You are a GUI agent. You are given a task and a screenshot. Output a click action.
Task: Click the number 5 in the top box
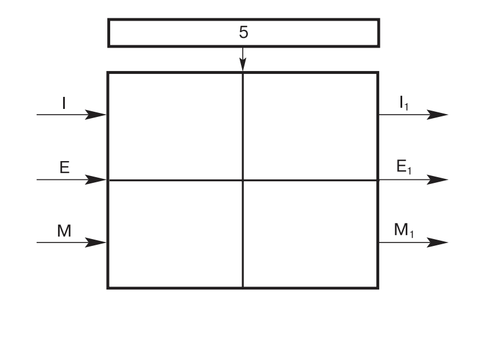243,33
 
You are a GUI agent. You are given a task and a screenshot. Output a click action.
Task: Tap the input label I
64,103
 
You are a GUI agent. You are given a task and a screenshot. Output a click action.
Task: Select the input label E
64,167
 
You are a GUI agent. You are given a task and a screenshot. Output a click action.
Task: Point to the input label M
64,231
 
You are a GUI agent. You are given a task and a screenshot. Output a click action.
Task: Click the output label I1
405,104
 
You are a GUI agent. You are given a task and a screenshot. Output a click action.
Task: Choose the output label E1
405,168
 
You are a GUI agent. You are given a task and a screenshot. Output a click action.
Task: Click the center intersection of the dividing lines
243,180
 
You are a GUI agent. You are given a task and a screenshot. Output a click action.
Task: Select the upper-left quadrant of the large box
175,126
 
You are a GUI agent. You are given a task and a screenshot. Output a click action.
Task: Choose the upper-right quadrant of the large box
310,126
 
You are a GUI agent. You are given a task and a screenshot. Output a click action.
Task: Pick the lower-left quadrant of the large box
175,234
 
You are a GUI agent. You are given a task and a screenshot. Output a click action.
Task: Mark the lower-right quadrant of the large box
310,234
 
